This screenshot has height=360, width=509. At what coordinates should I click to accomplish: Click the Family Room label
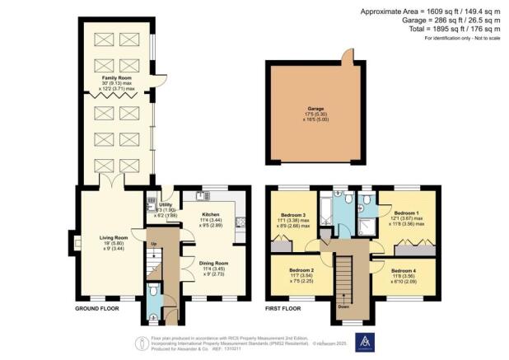pyautogui.click(x=116, y=77)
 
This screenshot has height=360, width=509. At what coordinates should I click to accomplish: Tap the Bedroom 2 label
pyautogui.click(x=301, y=269)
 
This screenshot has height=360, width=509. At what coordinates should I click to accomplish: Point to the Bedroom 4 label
pyautogui.click(x=403, y=271)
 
